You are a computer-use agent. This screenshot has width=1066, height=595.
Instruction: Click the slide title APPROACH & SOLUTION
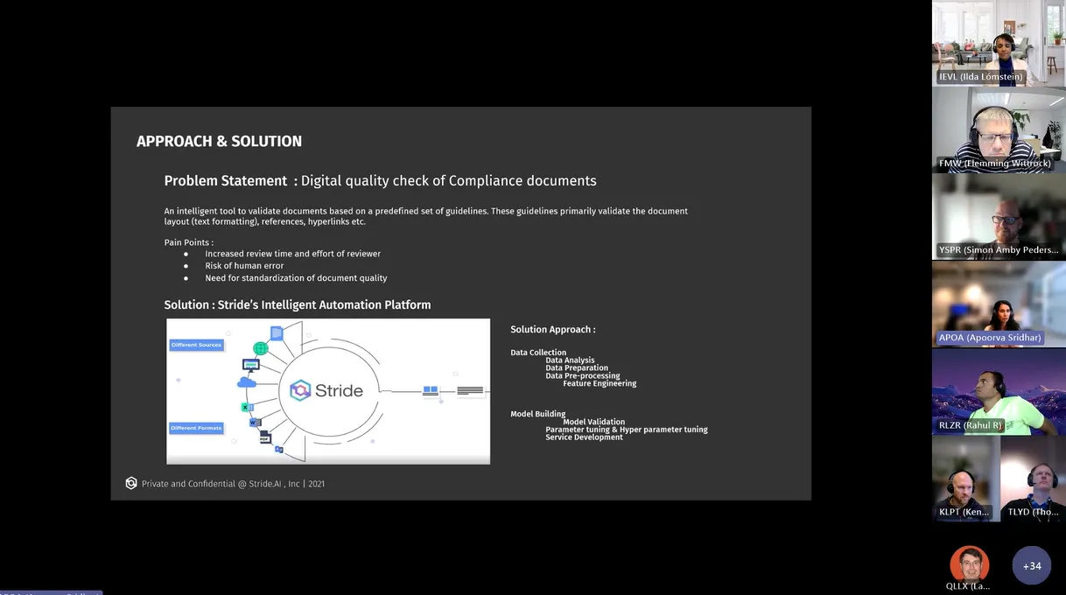(219, 142)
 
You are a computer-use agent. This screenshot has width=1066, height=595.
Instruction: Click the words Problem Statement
(226, 181)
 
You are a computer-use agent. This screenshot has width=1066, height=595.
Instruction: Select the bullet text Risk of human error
(244, 266)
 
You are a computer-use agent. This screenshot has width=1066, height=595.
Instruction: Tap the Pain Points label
(188, 242)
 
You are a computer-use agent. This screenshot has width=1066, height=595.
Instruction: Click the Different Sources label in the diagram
(197, 345)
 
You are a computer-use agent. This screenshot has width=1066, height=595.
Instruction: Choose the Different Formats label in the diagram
(197, 428)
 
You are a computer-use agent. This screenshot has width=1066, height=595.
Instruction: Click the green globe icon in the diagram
(260, 349)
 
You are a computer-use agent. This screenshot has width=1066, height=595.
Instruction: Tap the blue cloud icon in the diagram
(246, 382)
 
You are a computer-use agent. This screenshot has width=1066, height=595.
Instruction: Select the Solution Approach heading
(552, 330)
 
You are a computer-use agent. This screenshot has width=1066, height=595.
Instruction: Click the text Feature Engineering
(600, 384)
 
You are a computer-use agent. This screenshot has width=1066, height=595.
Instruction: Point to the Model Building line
(537, 414)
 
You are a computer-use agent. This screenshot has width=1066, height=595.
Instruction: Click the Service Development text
(584, 437)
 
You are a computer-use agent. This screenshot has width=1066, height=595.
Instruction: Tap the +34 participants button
(1032, 566)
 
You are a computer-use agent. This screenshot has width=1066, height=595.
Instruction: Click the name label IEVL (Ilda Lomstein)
(980, 77)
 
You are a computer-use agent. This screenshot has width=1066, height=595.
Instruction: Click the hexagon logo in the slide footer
(131, 483)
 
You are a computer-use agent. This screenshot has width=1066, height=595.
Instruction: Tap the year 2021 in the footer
(316, 484)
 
